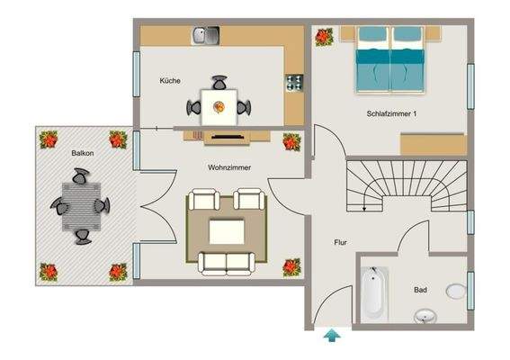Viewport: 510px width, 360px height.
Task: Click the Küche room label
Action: click(170, 81)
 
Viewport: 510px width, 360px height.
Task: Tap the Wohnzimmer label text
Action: click(229, 168)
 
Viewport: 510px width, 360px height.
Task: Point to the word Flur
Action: click(341, 243)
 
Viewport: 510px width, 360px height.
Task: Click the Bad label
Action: click(420, 291)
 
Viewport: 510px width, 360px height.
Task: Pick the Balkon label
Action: click(85, 154)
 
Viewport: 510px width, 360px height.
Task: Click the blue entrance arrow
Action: click(333, 337)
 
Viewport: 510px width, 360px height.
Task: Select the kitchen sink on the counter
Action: click(205, 36)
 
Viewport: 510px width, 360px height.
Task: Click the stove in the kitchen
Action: click(293, 82)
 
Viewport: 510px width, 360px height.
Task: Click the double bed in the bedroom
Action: click(390, 59)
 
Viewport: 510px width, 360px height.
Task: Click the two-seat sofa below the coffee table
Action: click(226, 263)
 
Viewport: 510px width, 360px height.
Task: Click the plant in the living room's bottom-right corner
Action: click(291, 266)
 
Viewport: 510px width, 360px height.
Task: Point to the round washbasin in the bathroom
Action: click(425, 317)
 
